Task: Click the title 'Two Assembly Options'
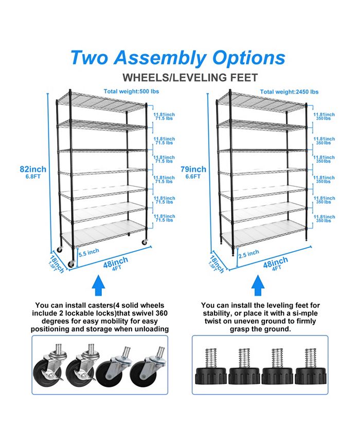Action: [x=177, y=57]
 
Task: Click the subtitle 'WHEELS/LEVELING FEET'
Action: [x=190, y=78]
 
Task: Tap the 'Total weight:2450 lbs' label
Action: [x=289, y=92]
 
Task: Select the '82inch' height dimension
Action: [x=33, y=169]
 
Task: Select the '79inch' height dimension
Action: [x=193, y=169]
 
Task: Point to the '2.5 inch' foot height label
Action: [x=249, y=253]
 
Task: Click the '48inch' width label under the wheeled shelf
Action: [x=116, y=263]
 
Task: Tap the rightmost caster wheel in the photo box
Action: [x=144, y=371]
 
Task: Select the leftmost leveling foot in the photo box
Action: [x=210, y=368]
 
